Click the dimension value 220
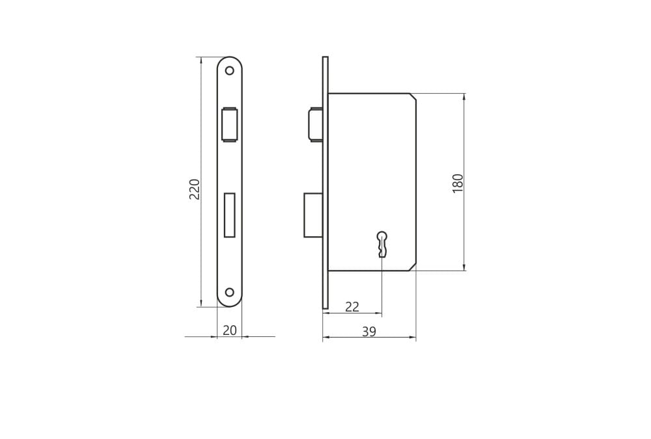195,189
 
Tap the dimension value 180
458,183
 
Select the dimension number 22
352,306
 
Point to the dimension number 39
369,332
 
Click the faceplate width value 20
230,330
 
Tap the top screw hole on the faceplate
229,70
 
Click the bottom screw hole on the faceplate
229,292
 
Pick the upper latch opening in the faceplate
230,124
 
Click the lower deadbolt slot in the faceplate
230,215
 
